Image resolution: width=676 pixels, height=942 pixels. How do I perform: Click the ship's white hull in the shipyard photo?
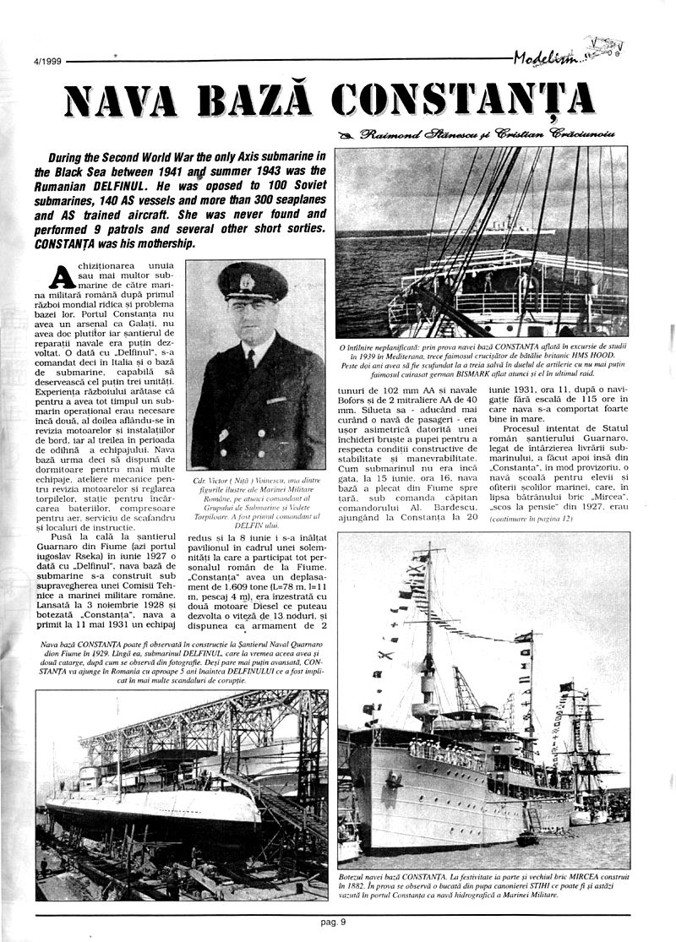(x=152, y=811)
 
